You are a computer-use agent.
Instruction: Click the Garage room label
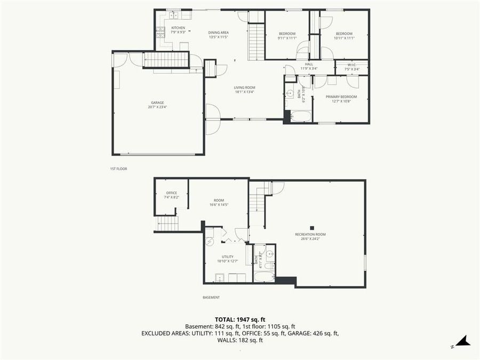[157, 104]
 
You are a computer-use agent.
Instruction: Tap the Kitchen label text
[178, 30]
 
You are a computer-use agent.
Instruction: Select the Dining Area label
[219, 35]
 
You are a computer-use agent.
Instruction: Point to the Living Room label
[244, 89]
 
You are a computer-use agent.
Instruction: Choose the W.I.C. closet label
[351, 67]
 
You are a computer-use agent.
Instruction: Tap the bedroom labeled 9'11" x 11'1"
[287, 36]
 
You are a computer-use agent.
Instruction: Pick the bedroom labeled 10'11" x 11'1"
[344, 36]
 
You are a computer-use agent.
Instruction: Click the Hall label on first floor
[309, 66]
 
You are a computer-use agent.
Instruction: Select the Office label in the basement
[171, 195]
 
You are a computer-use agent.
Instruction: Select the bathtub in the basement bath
[265, 276]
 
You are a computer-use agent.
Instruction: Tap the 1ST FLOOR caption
[118, 169]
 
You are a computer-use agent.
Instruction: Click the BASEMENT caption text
[211, 298]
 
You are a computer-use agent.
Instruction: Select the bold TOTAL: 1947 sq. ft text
[240, 319]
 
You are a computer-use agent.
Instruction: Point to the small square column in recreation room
[314, 226]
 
